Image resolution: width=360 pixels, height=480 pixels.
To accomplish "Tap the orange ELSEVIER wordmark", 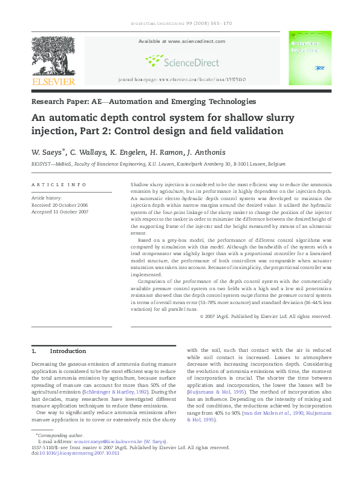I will point(53,81).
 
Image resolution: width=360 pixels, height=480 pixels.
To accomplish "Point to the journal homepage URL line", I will point(181,80).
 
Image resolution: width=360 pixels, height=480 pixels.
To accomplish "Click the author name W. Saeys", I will point(48,152).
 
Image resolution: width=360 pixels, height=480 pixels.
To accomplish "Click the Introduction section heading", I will point(67,351).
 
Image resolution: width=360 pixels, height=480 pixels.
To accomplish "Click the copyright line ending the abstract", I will point(266,316).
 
